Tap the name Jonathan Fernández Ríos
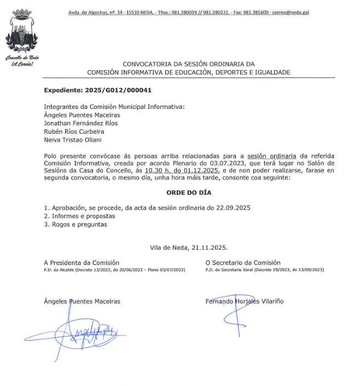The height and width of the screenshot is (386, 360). (x=80, y=123)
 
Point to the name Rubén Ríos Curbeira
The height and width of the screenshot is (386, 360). (x=74, y=131)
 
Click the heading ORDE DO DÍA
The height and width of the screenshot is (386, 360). (x=189, y=193)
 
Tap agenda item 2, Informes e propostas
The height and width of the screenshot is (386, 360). (x=79, y=216)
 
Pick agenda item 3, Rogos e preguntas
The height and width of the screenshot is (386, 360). (x=76, y=224)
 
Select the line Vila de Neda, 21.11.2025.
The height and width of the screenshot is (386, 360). (x=189, y=247)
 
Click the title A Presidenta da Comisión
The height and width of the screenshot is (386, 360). (x=82, y=263)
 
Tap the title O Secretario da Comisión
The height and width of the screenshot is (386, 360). (x=243, y=263)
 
